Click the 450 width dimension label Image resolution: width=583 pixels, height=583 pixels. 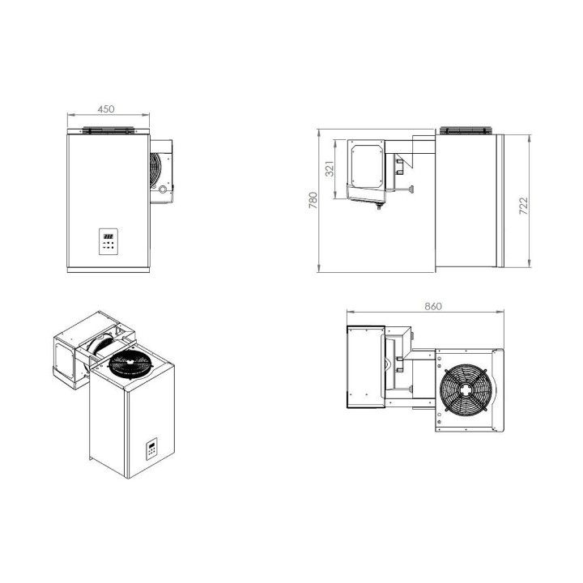click(x=106, y=109)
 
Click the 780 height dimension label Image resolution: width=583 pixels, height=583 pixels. click(x=313, y=200)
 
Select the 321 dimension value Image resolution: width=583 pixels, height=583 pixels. click(x=330, y=169)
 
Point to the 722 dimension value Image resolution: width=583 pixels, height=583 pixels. click(x=523, y=206)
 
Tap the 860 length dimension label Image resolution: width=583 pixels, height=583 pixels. click(x=433, y=306)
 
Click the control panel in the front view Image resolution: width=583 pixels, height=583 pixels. click(x=109, y=241)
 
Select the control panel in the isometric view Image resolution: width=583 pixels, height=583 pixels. click(x=151, y=449)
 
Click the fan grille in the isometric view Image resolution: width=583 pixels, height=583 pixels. click(x=130, y=364)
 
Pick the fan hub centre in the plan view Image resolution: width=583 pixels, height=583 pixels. click(x=466, y=389)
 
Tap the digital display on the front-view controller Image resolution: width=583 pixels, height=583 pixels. click(x=109, y=236)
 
